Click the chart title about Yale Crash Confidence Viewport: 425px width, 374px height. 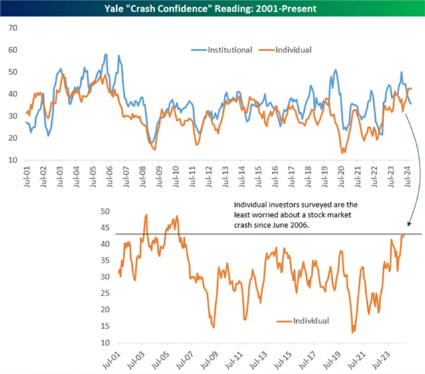tap(212, 9)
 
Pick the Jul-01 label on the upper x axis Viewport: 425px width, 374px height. tap(26, 176)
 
